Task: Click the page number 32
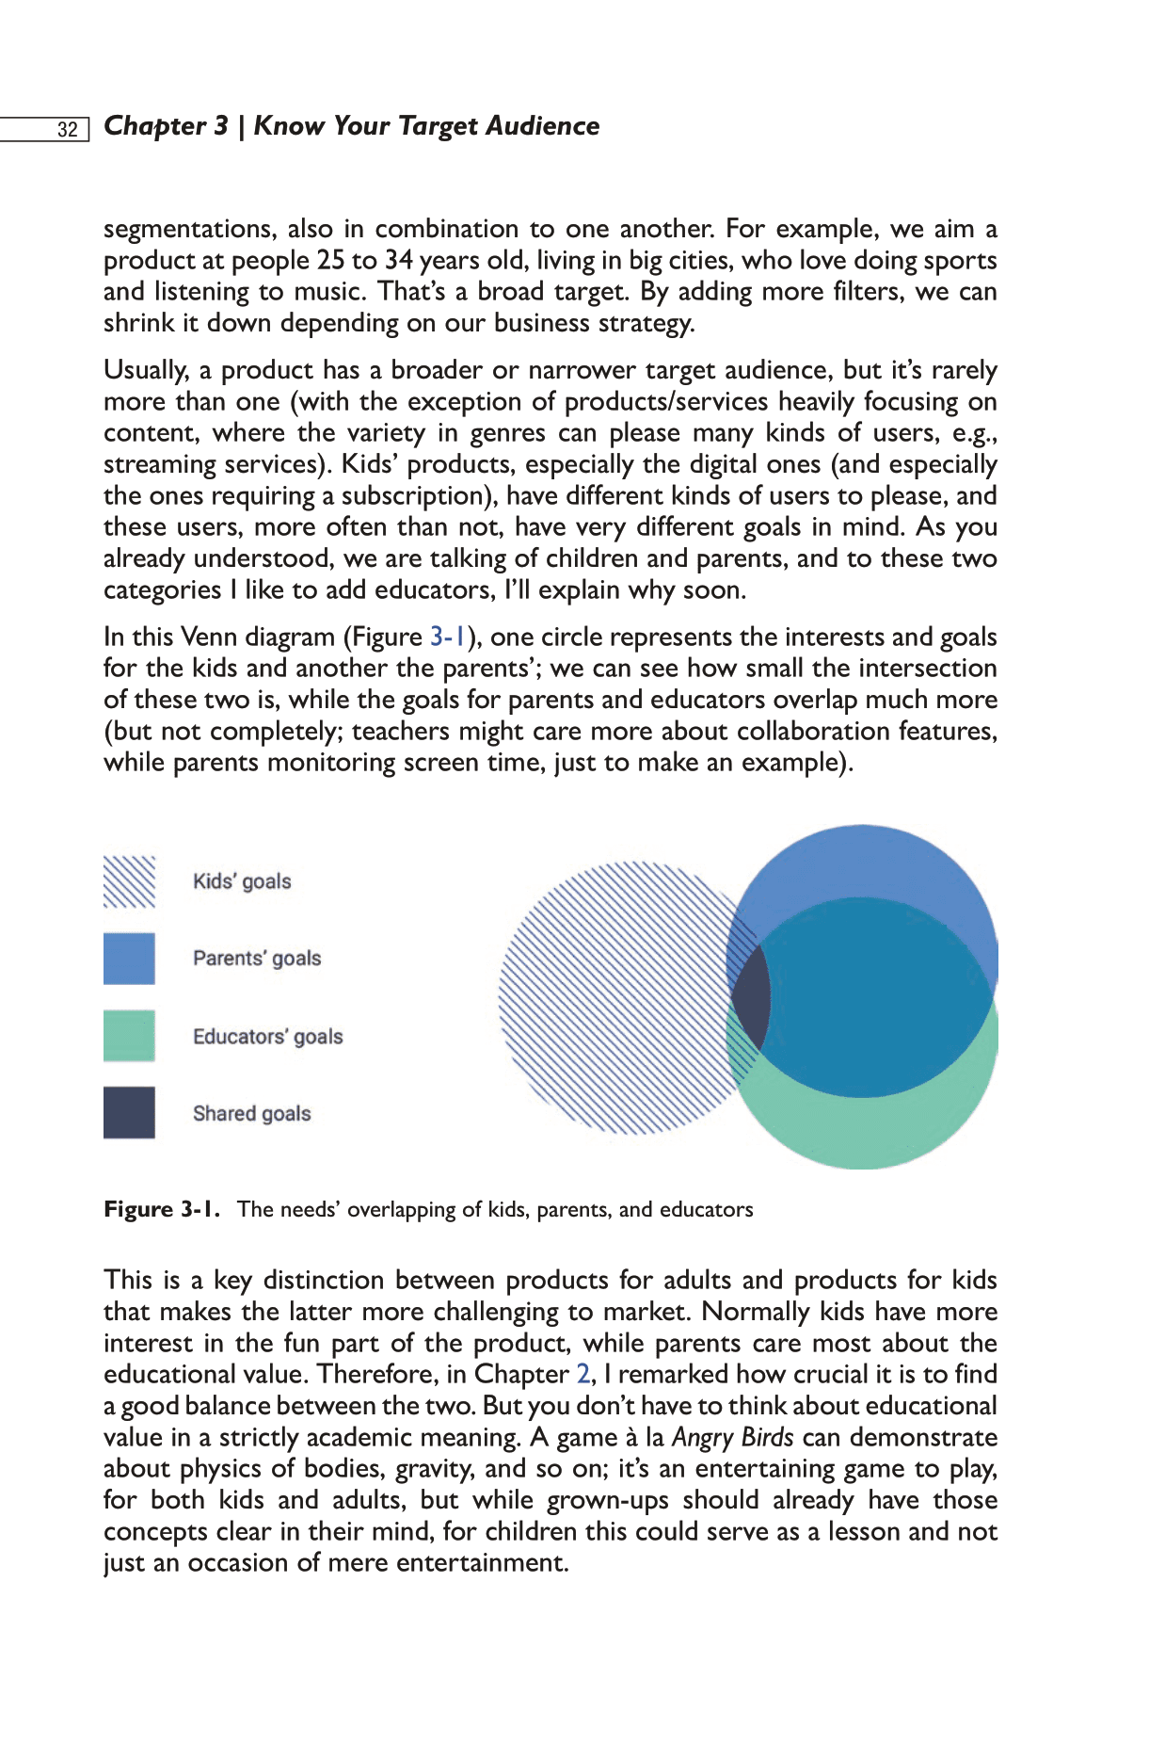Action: (x=68, y=129)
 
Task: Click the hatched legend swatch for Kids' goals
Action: (x=129, y=881)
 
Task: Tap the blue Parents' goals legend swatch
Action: (x=129, y=959)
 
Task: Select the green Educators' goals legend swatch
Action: (x=129, y=1036)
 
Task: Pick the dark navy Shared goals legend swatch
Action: (x=129, y=1113)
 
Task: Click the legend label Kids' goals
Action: (x=242, y=881)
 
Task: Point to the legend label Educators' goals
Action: (x=267, y=1037)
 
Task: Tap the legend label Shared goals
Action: (x=251, y=1114)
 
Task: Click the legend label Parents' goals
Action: (x=257, y=959)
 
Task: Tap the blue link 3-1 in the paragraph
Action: (x=448, y=637)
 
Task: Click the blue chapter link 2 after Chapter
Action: (x=583, y=1375)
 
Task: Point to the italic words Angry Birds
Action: (x=732, y=1438)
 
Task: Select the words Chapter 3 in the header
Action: (x=166, y=126)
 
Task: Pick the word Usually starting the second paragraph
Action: (x=146, y=371)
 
